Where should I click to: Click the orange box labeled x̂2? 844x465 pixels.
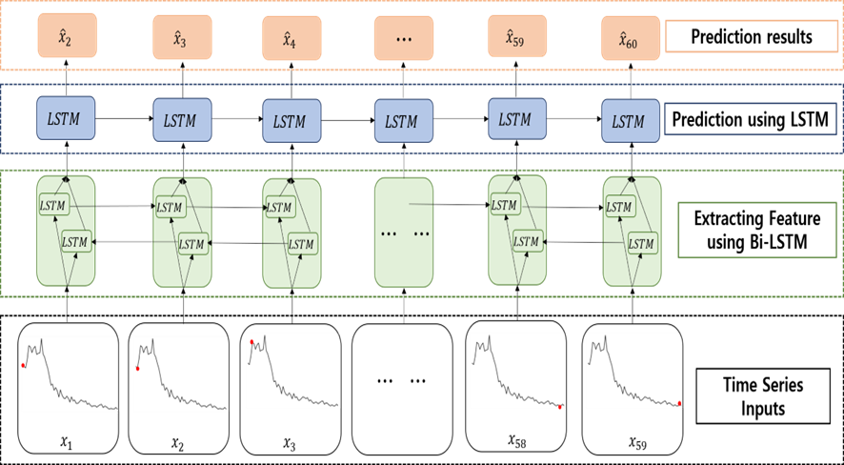pos(67,36)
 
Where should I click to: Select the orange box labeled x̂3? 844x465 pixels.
pos(182,38)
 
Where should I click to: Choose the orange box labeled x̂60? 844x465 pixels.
pos(630,38)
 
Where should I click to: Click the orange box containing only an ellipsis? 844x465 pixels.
pos(404,38)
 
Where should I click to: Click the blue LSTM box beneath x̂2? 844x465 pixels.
pos(66,117)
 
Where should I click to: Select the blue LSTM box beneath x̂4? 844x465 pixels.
pos(291,120)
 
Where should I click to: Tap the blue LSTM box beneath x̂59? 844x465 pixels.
pos(517,118)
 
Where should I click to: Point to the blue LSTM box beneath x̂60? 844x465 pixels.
pos(630,120)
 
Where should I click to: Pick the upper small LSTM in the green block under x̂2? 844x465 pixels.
pos(53,204)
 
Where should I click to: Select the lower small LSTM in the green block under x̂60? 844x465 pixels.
pos(641,243)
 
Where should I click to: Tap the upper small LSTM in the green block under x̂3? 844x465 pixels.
pos(169,206)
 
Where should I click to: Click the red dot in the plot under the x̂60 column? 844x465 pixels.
pos(679,404)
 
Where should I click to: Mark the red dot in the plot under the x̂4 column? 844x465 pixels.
pos(251,342)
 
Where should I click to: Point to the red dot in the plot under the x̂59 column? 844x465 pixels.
pos(560,407)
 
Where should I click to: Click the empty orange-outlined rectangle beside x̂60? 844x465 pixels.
pos(751,36)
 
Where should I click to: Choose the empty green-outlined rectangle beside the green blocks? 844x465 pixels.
pos(757,230)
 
